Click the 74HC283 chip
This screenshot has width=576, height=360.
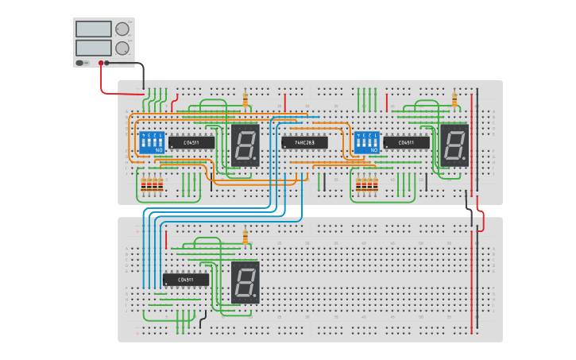304,142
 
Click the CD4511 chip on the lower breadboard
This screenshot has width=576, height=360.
185,280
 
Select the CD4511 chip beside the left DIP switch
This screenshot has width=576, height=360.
191,143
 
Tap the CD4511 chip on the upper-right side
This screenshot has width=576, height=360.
406,143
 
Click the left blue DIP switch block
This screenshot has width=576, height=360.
152,143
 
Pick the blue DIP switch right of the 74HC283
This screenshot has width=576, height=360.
367,143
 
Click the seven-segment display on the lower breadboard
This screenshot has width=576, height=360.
245,281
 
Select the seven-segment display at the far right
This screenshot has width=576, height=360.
454,145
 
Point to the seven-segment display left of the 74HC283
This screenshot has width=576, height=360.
245,145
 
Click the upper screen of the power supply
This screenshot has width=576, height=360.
93,29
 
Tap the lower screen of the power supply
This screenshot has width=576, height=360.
93,48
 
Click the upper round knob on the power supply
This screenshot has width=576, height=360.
122,29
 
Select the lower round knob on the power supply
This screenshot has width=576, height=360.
122,48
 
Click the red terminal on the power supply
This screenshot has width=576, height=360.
101,63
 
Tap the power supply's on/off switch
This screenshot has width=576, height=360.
81,63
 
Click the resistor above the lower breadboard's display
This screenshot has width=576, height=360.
245,237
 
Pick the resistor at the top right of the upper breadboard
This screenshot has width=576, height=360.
454,99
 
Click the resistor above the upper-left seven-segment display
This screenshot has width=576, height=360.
245,99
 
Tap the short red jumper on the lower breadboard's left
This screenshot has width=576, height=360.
165,239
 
